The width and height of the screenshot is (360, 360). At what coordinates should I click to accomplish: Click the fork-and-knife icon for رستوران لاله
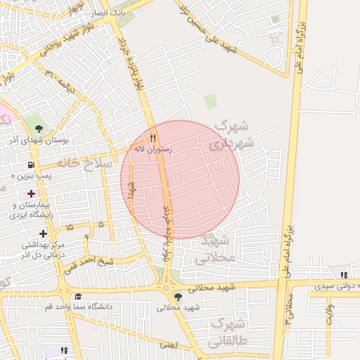point(153,137)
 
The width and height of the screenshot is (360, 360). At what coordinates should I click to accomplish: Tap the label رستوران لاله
point(153,149)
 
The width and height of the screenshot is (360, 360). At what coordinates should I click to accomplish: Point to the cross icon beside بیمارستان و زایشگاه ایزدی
point(31,193)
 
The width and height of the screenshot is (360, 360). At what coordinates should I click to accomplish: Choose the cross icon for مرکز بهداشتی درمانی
point(44,233)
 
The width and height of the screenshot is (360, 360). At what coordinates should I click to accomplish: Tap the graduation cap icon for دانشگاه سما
point(78,296)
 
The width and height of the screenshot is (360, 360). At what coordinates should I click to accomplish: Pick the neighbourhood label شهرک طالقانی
point(226,335)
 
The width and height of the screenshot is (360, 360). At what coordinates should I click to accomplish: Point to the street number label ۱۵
point(69,227)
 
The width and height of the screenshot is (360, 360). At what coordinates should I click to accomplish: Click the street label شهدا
point(131,190)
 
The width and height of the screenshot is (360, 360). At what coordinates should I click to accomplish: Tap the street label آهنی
point(168,345)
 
